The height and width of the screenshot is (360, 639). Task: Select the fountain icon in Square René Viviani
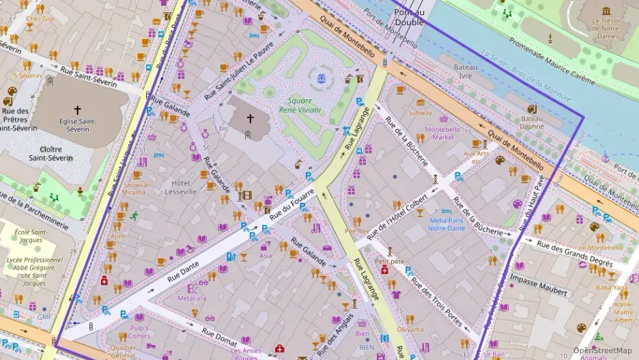(321, 79)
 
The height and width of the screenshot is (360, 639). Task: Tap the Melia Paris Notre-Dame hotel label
(446, 223)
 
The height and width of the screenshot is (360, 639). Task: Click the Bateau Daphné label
(532, 122)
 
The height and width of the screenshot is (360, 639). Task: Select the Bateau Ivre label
(466, 72)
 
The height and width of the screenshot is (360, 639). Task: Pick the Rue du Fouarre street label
(292, 208)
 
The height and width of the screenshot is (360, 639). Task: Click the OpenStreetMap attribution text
(602, 350)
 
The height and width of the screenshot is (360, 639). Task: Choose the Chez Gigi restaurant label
(40, 19)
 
